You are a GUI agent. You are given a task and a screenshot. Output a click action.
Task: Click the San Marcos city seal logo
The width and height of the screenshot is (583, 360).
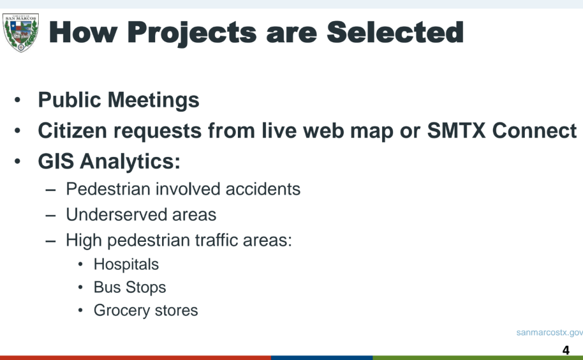coord(21,33)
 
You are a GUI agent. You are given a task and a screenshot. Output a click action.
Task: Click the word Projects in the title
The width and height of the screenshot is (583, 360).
coord(192,33)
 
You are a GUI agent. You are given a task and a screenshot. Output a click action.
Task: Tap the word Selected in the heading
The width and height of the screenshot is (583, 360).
coord(395,32)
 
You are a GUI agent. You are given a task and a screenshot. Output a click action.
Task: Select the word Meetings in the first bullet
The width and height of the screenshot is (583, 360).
coord(153,100)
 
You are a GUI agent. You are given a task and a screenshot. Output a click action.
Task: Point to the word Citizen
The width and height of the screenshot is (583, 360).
coord(72,131)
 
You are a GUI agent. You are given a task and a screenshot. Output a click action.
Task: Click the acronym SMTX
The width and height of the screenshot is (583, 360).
coord(456,131)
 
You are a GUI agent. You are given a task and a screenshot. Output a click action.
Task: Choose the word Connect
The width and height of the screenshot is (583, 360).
coord(535,131)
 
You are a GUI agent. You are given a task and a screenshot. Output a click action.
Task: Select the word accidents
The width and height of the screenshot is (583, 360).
coord(263,189)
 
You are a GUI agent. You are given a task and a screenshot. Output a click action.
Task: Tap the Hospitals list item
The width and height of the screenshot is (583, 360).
coord(127,264)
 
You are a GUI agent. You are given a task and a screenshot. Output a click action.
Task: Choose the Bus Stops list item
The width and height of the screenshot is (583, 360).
coord(129,288)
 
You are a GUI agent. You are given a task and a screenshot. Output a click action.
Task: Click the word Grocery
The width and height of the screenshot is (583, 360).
coord(122,310)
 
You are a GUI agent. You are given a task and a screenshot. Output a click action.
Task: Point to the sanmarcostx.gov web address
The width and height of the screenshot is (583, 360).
coord(549,333)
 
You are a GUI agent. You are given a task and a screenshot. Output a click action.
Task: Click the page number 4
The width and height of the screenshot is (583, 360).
coord(566,350)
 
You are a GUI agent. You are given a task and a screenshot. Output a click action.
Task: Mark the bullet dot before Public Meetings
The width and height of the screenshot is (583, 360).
coord(18,100)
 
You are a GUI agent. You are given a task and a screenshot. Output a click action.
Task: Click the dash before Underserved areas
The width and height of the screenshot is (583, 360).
coord(51,216)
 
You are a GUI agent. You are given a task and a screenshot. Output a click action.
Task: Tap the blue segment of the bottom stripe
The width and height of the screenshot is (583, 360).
coord(322,358)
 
